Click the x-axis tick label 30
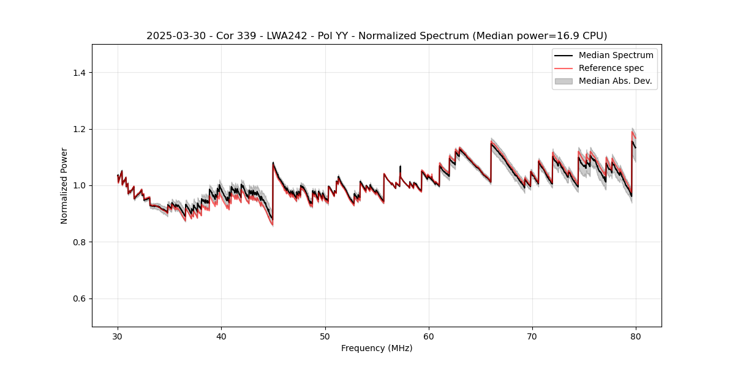point(118,336)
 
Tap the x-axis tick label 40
point(221,336)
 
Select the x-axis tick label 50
point(325,336)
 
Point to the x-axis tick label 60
point(429,336)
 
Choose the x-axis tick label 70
point(532,336)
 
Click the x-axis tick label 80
point(636,336)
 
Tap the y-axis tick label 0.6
point(79,298)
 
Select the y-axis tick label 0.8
point(79,242)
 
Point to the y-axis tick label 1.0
point(79,185)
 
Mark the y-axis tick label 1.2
point(79,129)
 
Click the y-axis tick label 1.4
point(79,73)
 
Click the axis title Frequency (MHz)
point(377,349)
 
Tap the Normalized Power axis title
point(64,185)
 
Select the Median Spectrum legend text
point(616,55)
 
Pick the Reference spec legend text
point(611,68)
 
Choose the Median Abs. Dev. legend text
point(615,81)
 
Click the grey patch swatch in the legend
point(563,81)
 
